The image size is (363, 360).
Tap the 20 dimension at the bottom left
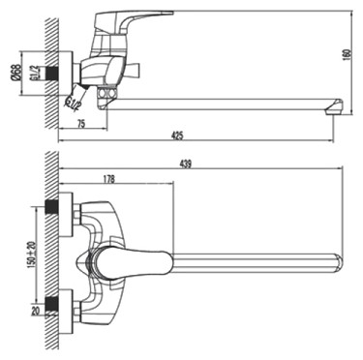[35, 312]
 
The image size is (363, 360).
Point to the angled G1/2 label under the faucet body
[73, 99]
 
